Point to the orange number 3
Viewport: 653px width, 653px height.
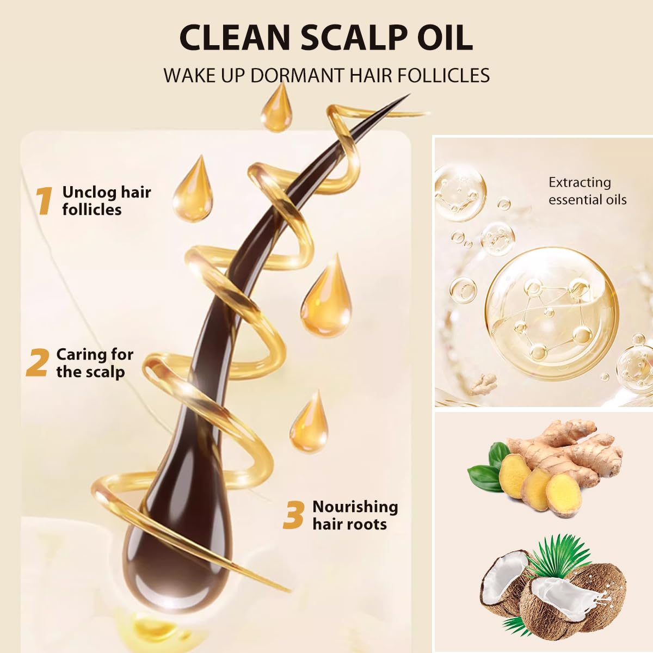coord(293,515)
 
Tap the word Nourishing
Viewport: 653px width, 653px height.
coord(355,507)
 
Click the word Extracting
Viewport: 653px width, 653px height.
coord(580,183)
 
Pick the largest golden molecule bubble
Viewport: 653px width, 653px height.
coord(552,313)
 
